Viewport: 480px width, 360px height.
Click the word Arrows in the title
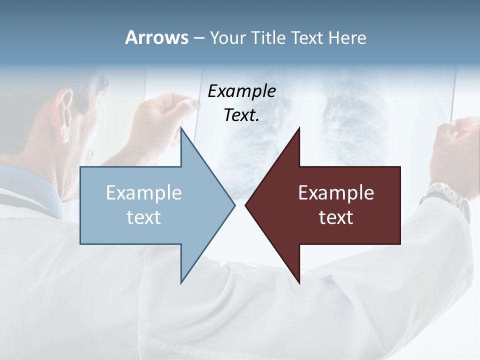[x=157, y=37]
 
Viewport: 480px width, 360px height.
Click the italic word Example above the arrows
[x=241, y=91]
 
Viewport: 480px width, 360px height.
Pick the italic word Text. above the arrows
[x=241, y=115]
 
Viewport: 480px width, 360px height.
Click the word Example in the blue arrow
[x=144, y=192]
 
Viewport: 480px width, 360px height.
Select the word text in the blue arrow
[x=144, y=217]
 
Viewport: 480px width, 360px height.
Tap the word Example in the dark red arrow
[x=336, y=192]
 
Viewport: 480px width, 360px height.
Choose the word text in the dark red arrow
[x=336, y=217]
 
